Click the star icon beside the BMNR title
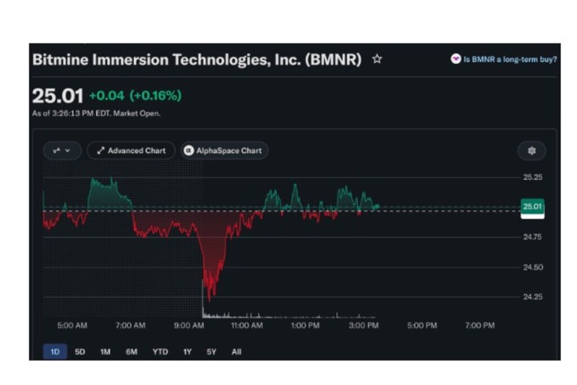point(377,59)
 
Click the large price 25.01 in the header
point(58,96)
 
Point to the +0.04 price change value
point(106,96)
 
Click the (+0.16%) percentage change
point(156,96)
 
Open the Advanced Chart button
point(131,151)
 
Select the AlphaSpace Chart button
point(224,151)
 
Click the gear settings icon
point(532,151)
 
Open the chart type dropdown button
point(62,151)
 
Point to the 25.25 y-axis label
point(532,177)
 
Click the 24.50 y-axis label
point(532,267)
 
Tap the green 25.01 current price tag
point(532,206)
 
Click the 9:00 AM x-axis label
point(189,325)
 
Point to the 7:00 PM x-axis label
point(480,325)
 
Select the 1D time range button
point(55,352)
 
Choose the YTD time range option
point(160,352)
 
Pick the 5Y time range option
point(211,352)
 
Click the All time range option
point(237,352)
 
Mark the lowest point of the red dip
point(210,301)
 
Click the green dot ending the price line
point(377,206)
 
